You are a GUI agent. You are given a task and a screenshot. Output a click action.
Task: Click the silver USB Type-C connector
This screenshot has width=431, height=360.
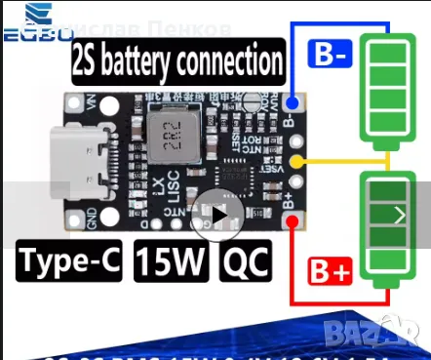coord(92,166)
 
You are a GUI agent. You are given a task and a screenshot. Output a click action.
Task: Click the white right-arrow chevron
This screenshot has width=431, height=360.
coord(400,216)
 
